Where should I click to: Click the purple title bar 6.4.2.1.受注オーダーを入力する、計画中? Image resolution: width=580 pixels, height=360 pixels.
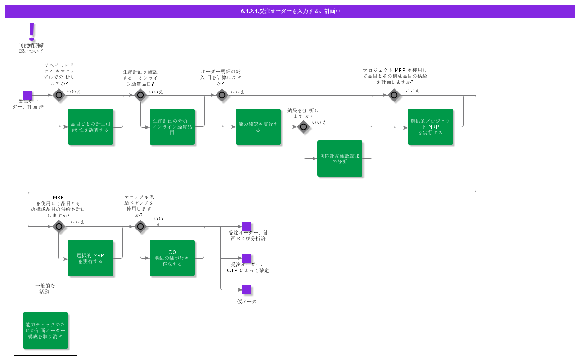[x=290, y=11]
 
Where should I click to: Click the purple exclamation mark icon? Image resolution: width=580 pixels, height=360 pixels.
[x=32, y=31]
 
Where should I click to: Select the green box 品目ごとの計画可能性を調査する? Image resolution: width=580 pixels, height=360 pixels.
[x=91, y=127]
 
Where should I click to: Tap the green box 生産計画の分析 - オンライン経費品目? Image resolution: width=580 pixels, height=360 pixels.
[x=172, y=127]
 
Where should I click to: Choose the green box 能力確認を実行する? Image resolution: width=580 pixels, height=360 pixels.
[x=258, y=127]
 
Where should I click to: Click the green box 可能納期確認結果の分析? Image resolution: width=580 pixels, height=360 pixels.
[x=340, y=158]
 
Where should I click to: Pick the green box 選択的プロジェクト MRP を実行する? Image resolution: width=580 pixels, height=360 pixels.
[x=430, y=127]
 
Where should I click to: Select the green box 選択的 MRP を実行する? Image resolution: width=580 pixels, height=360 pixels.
[x=91, y=258]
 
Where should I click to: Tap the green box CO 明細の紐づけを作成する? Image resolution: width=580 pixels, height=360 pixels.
[x=172, y=258]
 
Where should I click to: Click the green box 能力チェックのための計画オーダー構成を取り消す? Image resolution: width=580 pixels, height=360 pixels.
[x=45, y=331]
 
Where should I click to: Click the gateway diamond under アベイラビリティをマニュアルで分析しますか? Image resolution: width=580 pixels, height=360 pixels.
[x=59, y=95]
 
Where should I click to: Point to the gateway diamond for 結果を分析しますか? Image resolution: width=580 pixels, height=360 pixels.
[x=304, y=127]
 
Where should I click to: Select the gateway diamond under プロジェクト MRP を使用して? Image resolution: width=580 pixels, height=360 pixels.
[x=394, y=95]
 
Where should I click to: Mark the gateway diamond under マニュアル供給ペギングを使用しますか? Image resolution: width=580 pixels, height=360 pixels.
[x=140, y=226]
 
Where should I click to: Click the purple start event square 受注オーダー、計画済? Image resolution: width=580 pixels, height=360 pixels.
[x=27, y=95]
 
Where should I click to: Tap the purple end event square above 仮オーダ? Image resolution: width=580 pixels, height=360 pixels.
[x=247, y=290]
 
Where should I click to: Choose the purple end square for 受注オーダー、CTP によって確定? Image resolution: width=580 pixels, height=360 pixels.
[x=247, y=258]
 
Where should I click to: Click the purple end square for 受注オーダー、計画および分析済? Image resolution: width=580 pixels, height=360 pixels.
[x=247, y=226]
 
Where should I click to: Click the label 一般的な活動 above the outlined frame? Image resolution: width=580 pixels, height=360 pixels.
[x=45, y=289]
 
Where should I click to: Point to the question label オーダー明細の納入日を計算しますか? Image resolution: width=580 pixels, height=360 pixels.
[x=221, y=77]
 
